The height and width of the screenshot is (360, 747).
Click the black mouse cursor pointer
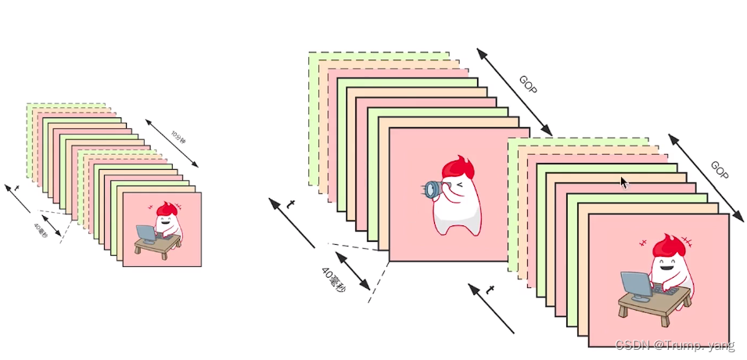point(624,182)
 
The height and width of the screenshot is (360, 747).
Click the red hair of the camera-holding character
point(455,168)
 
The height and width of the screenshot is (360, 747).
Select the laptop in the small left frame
point(145,232)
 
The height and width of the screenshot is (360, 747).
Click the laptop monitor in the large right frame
point(636,285)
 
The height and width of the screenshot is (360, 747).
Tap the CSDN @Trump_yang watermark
point(674,345)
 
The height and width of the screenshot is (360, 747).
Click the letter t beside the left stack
point(16,189)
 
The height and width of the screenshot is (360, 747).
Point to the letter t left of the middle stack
point(291,205)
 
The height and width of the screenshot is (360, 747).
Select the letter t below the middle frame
point(490,290)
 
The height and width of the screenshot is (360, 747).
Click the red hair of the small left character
point(165,209)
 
